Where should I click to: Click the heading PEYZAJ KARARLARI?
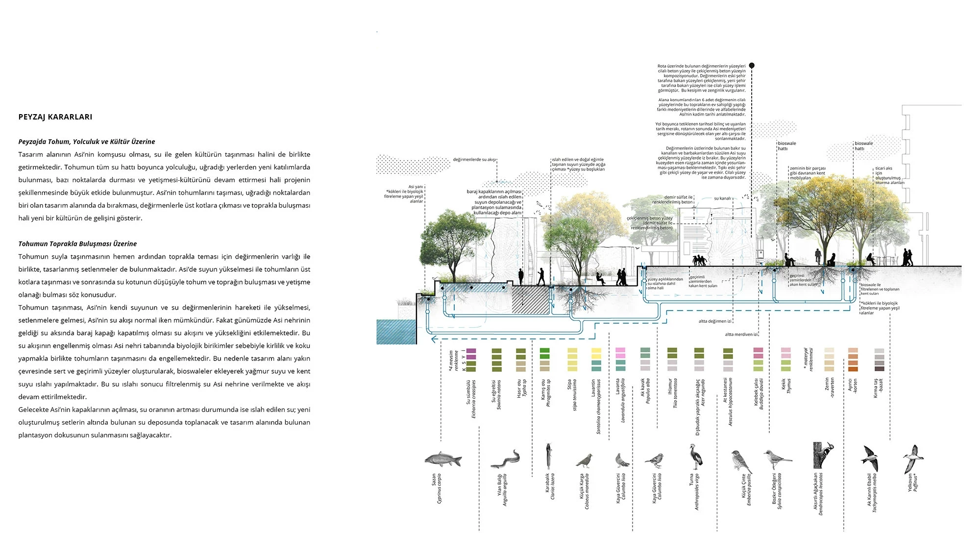coord(55,117)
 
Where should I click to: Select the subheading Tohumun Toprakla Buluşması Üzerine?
coord(77,244)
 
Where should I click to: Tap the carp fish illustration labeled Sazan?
coord(443,459)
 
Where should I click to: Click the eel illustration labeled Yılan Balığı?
coord(505,460)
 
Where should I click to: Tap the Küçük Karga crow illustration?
coord(584,461)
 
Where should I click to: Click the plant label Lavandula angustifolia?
coord(622,400)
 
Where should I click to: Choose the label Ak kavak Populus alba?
coord(645,390)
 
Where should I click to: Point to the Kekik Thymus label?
coord(786,385)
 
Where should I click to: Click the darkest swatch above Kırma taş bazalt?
coord(880,369)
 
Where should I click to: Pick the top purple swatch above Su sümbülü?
coord(471,351)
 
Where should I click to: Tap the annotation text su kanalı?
coord(722,198)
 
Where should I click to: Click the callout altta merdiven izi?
coord(741,335)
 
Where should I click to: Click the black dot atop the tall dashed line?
coord(752,66)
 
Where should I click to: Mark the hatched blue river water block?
coord(396,332)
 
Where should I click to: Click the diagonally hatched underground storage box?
coord(531,300)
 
